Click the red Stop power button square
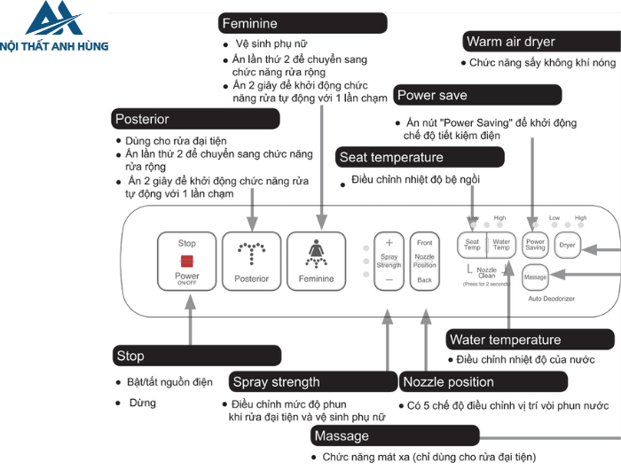click(x=187, y=260)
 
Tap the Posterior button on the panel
click(x=251, y=261)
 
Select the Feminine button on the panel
click(x=317, y=261)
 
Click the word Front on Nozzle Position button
click(x=425, y=243)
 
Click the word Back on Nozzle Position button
click(x=425, y=280)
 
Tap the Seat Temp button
click(x=472, y=244)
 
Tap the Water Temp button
click(x=501, y=244)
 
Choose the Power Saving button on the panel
click(x=535, y=244)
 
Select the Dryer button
click(x=567, y=244)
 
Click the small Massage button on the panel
click(x=535, y=278)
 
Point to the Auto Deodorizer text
click(x=553, y=299)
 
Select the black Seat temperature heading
click(x=420, y=158)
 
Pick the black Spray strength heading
click(x=312, y=382)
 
